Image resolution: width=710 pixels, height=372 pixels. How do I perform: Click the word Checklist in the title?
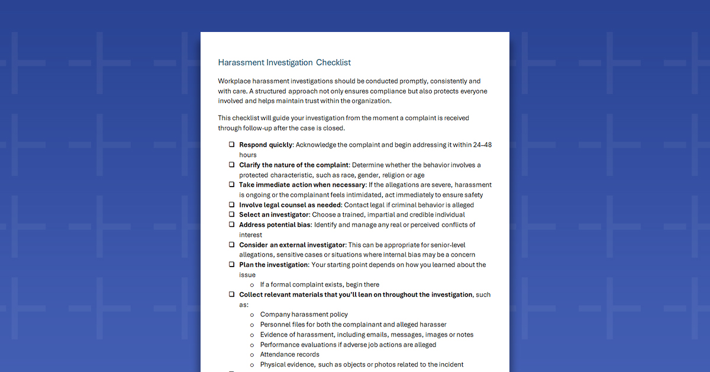pos(333,62)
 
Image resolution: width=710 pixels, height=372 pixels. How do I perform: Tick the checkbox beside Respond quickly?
pos(232,145)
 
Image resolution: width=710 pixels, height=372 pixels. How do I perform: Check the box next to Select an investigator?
pos(232,214)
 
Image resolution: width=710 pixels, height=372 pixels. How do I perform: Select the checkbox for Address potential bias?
pos(232,225)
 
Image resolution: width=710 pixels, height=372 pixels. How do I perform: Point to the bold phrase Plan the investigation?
pos(273,265)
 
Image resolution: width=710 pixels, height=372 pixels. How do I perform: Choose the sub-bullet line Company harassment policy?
pos(304,315)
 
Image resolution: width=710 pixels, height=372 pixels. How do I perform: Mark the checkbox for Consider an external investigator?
pos(232,245)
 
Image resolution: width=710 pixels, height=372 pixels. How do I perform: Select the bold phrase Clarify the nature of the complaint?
pos(293,165)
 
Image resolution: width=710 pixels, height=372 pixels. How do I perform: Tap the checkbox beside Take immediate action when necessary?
pos(232,185)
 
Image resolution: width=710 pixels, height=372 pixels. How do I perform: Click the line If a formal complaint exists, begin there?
pos(319,284)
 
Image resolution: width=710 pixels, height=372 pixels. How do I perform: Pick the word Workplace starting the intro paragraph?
pos(235,81)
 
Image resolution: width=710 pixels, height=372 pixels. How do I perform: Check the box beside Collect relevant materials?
pos(232,294)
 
